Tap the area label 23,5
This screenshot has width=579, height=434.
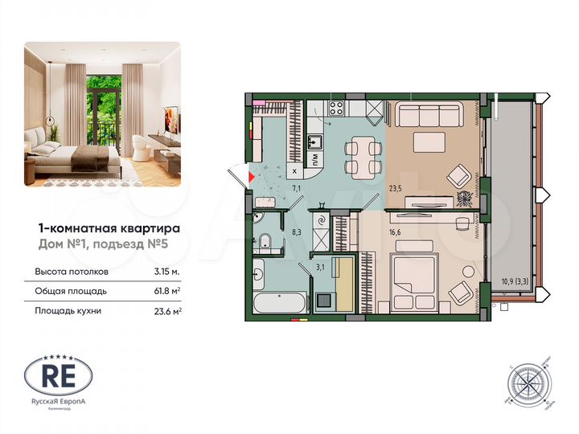395,190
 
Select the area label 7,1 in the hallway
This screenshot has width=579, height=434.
296,187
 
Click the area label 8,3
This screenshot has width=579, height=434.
296,232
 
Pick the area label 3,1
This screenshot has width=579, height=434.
319,267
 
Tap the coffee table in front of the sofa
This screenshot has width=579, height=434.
430,142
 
